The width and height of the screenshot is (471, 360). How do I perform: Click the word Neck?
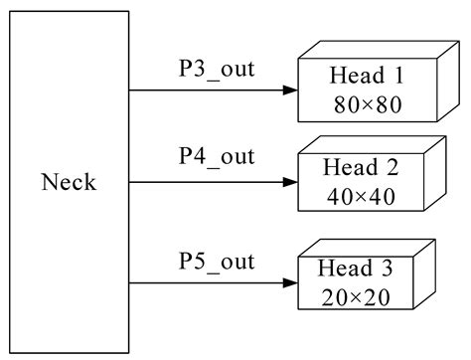coord(70,182)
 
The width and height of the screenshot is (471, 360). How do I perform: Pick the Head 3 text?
coord(354,270)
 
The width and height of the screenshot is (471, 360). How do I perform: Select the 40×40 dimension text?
coord(361,197)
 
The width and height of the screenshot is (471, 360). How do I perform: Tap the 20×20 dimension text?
coord(354,295)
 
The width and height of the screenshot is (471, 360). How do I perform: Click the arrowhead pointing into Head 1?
coord(289,90)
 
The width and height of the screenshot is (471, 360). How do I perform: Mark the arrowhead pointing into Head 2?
coord(289,183)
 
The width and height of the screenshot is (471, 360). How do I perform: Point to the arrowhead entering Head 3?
coord(289,283)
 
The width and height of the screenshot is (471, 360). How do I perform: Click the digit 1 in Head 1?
coord(395,76)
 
